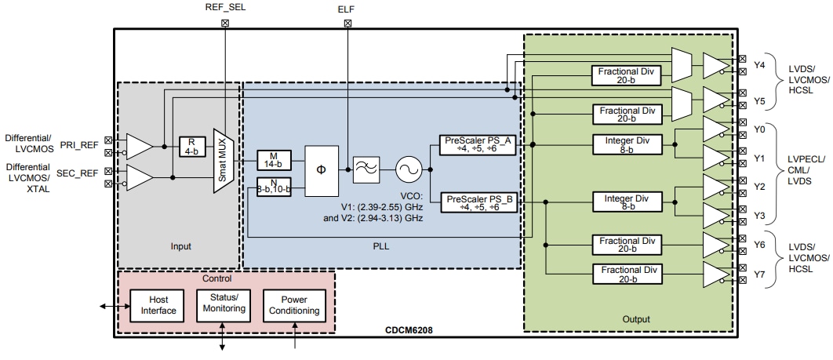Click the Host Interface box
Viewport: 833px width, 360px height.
coord(153,305)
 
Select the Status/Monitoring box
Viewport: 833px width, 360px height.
coord(224,304)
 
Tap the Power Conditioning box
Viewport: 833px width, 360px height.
coord(294,305)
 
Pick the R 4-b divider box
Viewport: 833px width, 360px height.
coord(190,146)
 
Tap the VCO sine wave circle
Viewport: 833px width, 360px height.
coord(408,169)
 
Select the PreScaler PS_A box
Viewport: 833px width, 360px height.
coord(479,145)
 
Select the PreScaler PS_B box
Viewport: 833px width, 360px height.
coord(479,203)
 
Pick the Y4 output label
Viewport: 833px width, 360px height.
coord(759,65)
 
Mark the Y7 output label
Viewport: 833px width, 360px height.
coord(759,275)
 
